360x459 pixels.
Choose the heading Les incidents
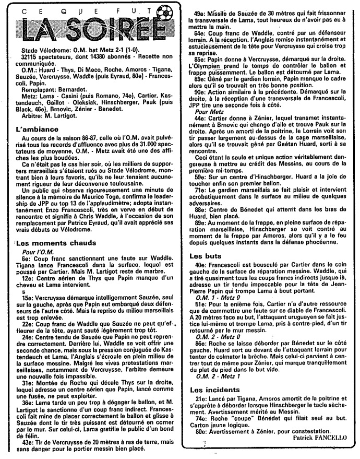point(211,389)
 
